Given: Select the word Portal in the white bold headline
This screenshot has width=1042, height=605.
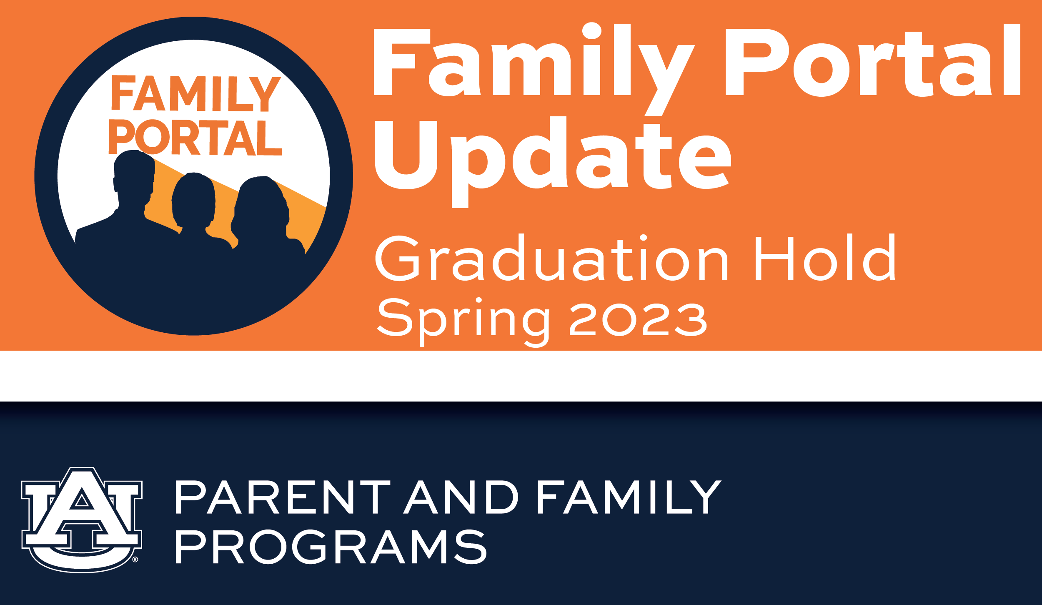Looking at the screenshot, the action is pos(873,60).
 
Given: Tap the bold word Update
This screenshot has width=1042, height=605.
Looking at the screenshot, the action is pos(553,162).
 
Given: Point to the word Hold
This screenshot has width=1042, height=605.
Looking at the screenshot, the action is pos(825,257).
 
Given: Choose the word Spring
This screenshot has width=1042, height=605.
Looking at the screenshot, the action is pos(463,321).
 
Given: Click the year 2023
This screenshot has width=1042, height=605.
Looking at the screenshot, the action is pos(638,319).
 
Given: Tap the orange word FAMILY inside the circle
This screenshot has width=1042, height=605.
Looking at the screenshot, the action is pos(196,93).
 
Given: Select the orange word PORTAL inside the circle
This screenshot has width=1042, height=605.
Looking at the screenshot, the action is pos(195,137).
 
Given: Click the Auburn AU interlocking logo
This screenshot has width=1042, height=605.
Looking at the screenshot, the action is pos(82,520).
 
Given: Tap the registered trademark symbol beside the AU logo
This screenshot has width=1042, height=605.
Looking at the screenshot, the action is pos(135,560).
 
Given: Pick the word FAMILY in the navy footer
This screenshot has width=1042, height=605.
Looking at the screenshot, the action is pos(630,497).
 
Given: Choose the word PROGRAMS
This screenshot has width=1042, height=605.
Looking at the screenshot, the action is pos(331,547).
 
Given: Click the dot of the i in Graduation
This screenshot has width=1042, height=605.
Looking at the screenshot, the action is pos(643,238).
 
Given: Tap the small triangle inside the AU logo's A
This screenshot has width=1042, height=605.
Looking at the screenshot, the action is pos(82,500).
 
